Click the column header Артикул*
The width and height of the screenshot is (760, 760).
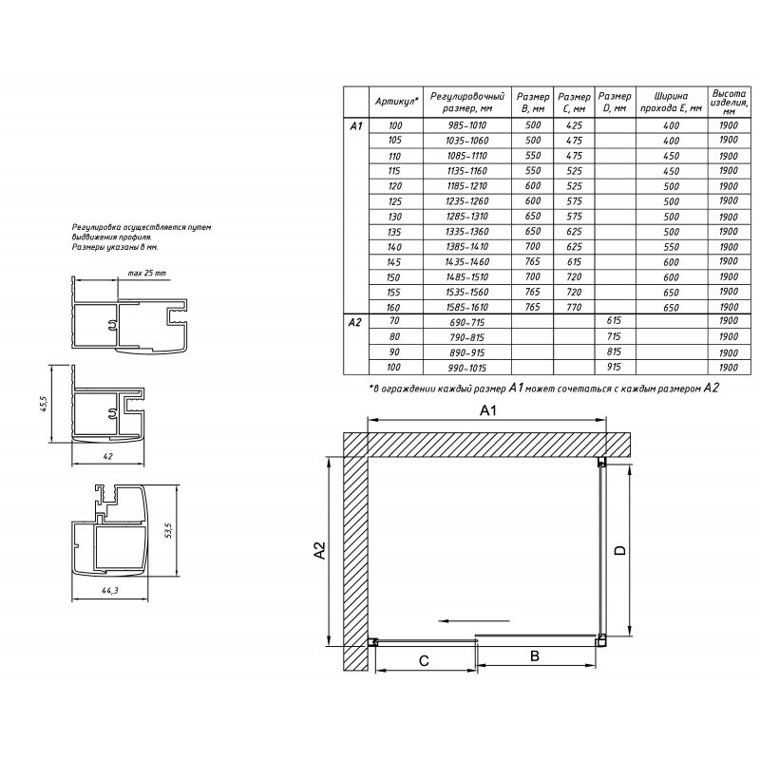coord(396,102)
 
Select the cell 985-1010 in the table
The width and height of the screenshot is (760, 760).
coord(467,125)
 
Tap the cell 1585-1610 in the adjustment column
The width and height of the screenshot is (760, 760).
coord(467,307)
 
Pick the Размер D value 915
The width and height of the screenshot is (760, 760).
coord(614,367)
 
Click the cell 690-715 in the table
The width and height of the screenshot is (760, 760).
coord(467,322)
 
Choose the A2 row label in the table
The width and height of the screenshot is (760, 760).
coord(354,322)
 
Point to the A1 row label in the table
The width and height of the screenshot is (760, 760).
coord(355,126)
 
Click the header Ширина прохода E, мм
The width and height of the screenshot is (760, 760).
coord(672,102)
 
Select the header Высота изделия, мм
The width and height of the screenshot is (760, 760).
coord(729,103)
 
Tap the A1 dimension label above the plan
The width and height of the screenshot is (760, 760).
coord(487,411)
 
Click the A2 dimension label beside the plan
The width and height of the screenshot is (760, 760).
coord(320,550)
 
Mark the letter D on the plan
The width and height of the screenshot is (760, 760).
coord(620,550)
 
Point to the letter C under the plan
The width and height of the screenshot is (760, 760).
coord(424,660)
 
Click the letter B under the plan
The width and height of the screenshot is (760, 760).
coord(535,655)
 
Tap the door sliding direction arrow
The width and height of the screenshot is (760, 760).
coord(473,621)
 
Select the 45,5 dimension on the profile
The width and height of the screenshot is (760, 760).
coord(44,404)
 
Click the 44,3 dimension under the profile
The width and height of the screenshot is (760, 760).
coord(110,590)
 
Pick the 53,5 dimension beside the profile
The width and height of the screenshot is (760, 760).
coord(168,531)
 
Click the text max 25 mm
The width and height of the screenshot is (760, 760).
coord(147,273)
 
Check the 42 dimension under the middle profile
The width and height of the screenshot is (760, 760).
coord(108,457)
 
